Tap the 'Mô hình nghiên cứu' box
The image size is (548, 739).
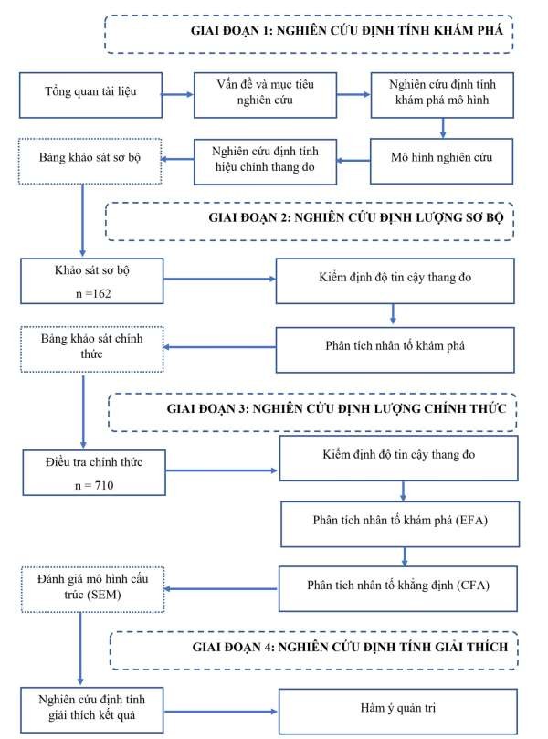tap(442, 157)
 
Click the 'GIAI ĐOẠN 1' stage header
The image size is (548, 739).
tap(307, 33)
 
